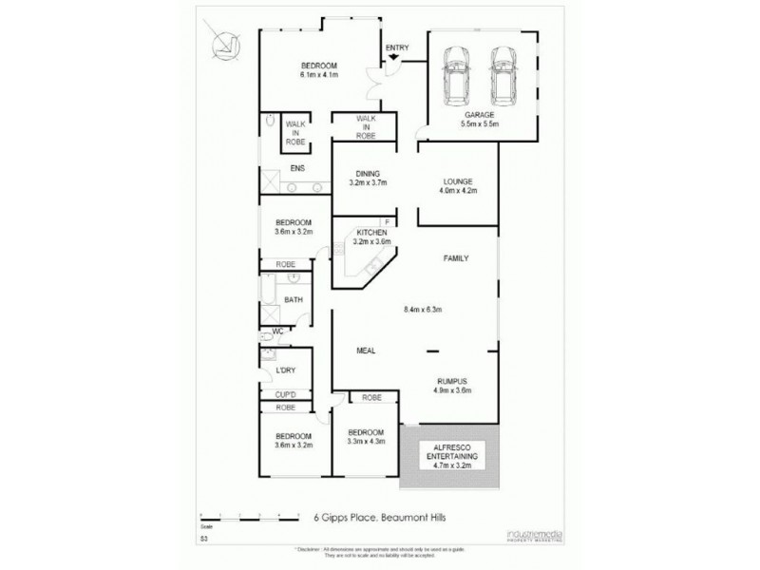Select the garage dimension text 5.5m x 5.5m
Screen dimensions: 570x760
coord(480,123)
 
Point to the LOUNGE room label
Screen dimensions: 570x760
coord(459,180)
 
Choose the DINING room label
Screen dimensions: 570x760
coord(368,173)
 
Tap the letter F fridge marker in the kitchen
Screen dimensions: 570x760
coord(387,222)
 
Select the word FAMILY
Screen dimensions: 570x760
coord(458,258)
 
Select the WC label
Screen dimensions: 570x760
coord(278,332)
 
